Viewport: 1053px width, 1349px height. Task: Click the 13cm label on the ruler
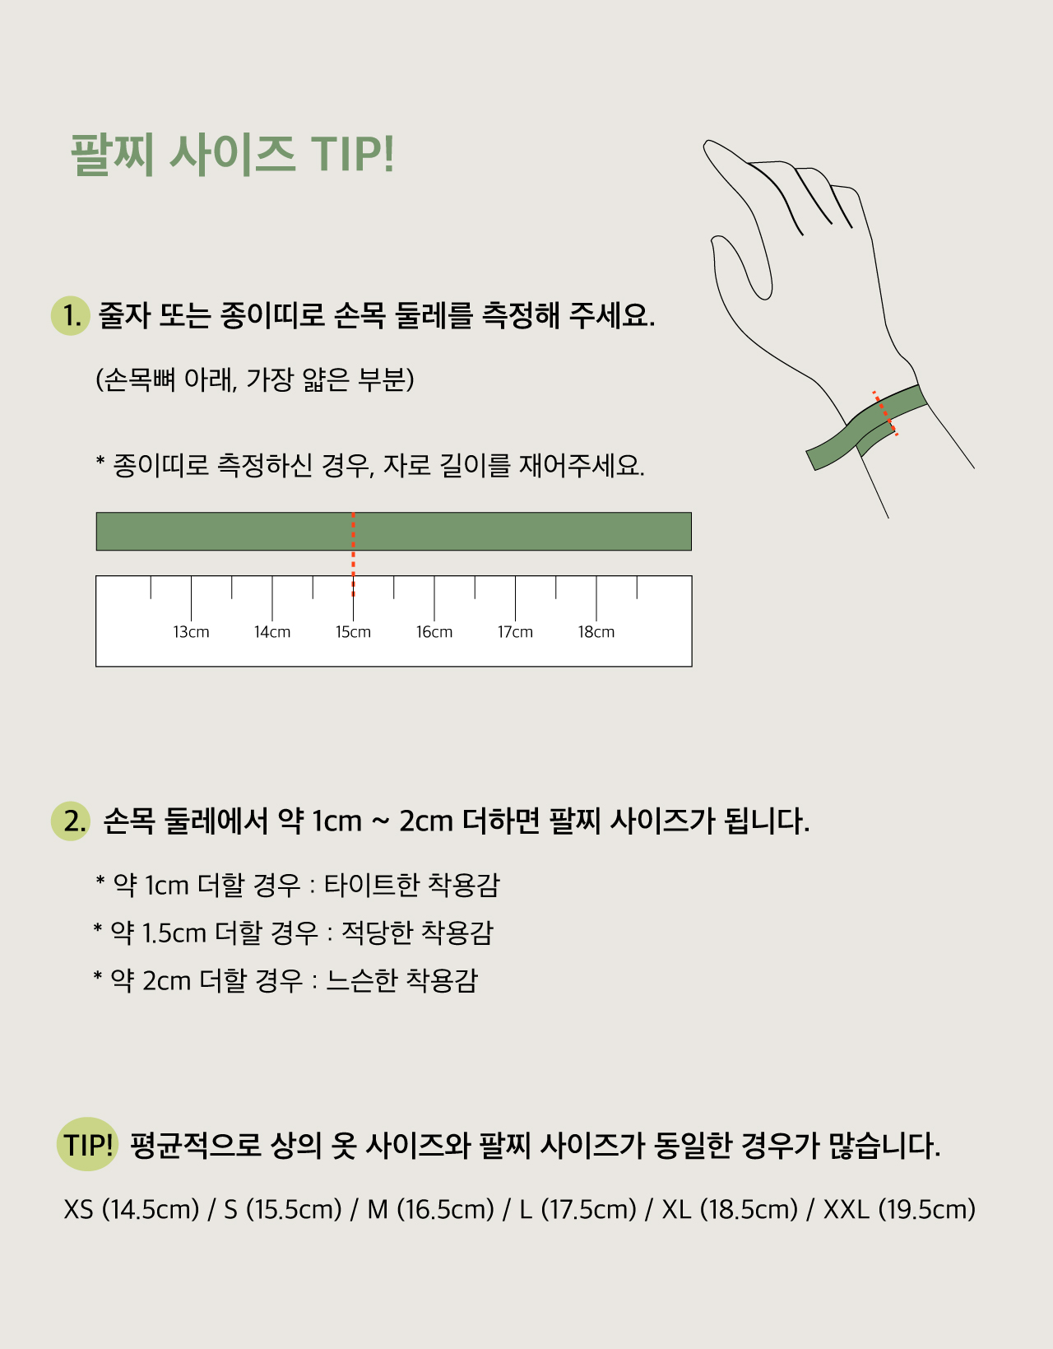191,632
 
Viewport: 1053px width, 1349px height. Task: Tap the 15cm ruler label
353,632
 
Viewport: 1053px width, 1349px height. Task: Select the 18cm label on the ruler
596,632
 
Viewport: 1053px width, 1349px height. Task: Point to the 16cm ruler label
434,632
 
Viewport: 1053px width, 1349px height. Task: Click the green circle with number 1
71,316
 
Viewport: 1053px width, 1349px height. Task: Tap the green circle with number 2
71,821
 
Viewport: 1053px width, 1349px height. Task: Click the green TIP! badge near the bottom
87,1145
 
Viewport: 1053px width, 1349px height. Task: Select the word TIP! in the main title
352,153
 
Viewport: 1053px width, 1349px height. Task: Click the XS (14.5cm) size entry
132,1209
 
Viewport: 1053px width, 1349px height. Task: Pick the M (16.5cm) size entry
430,1209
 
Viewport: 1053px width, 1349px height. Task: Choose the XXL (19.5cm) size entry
900,1209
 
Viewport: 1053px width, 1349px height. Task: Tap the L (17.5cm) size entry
578,1209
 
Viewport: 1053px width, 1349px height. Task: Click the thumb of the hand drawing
741,267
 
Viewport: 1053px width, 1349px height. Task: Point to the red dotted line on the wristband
885,413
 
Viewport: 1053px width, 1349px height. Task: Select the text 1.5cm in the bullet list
174,933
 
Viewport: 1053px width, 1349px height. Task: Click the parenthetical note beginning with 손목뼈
254,379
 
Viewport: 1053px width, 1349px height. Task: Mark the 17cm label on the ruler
515,632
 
